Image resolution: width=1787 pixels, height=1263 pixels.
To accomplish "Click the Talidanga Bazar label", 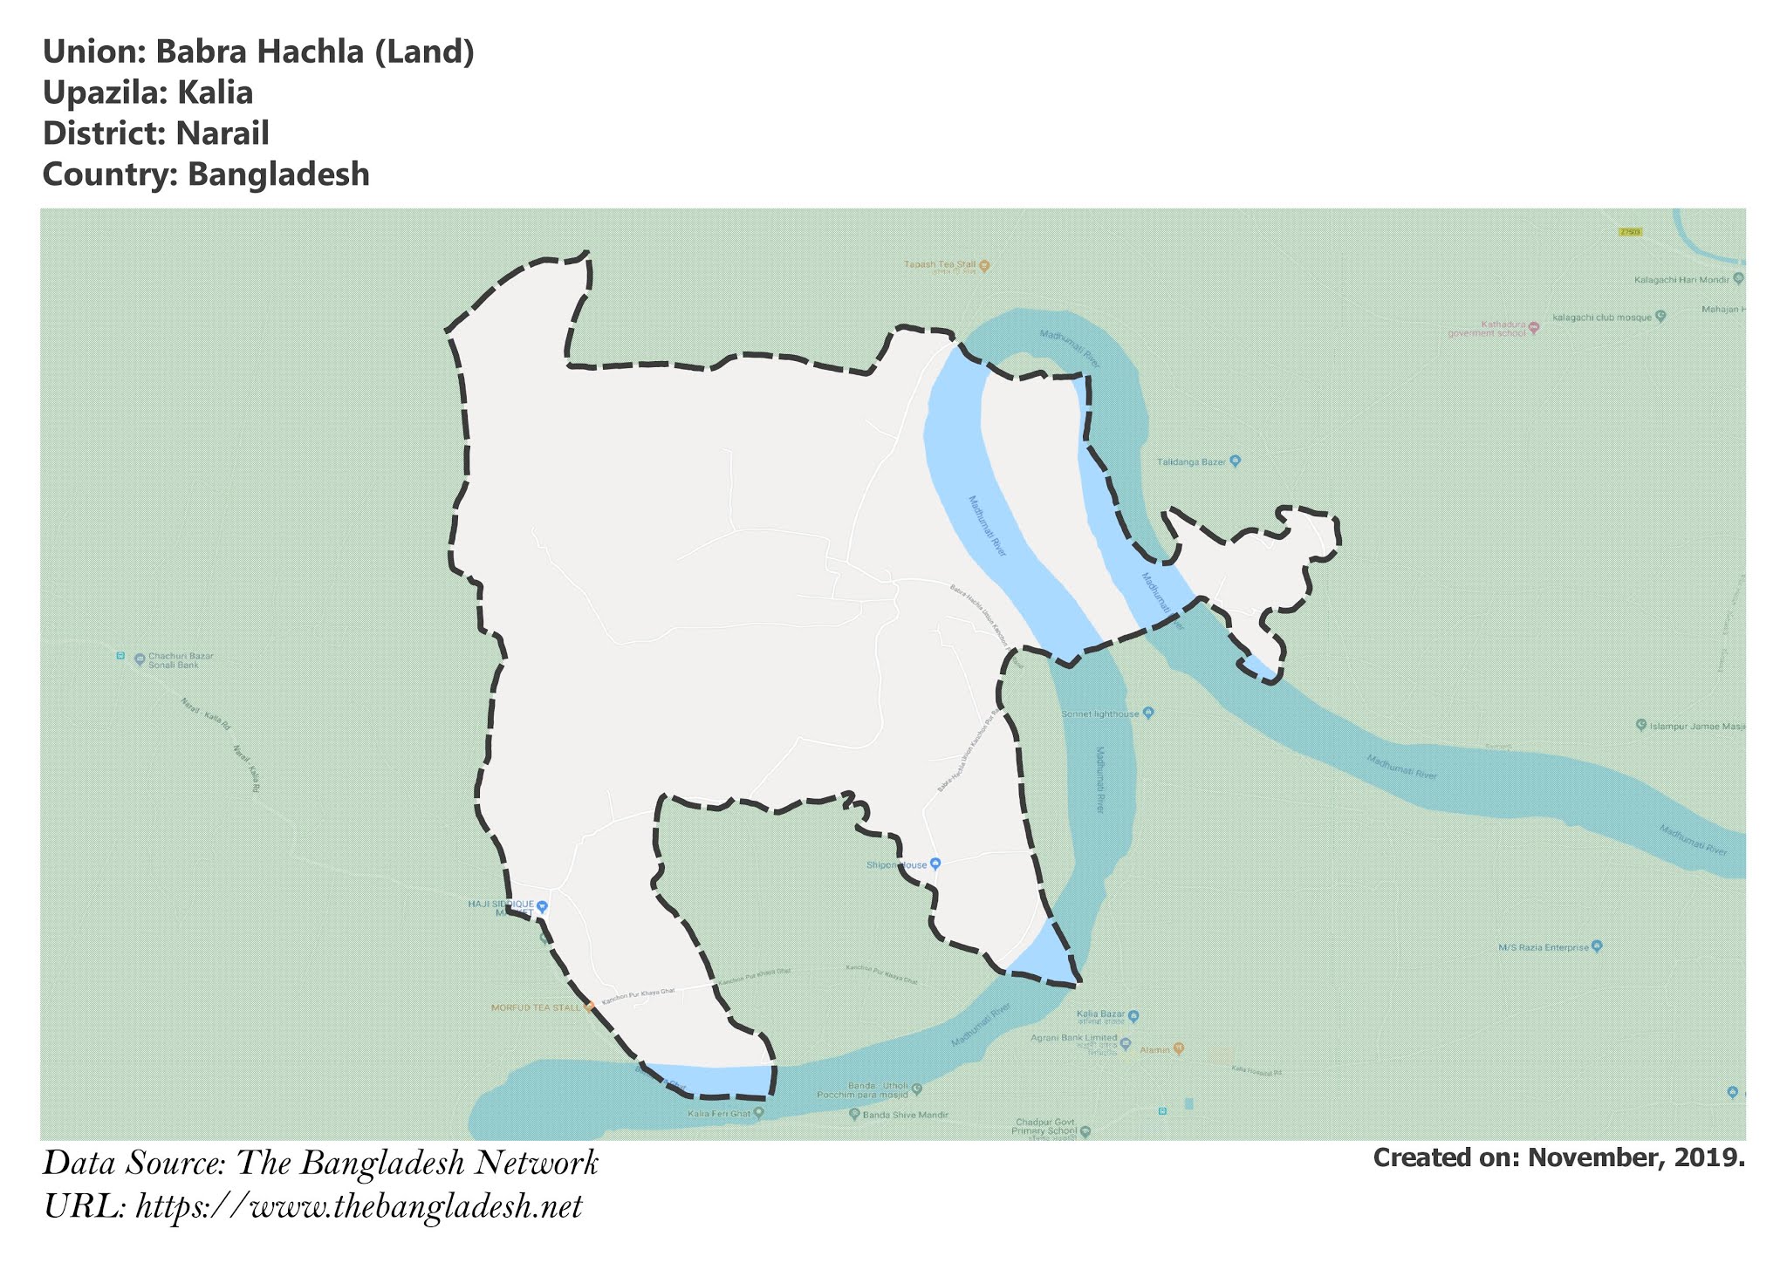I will click(1191, 461).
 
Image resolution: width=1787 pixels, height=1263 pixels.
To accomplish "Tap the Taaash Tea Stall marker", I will click(984, 265).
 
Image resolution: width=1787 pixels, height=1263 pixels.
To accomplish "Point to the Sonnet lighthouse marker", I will click(1148, 713).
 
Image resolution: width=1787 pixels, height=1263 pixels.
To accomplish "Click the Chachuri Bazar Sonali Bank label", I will click(180, 660).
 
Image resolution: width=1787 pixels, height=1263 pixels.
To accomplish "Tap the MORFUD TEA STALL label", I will click(536, 1007).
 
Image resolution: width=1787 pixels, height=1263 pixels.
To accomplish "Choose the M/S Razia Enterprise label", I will click(1544, 947).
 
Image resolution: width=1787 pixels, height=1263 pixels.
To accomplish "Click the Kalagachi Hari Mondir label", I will click(1681, 280).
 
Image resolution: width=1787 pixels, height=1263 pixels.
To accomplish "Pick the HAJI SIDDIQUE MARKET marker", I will click(542, 905).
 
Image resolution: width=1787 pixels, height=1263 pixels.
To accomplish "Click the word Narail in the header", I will click(222, 133).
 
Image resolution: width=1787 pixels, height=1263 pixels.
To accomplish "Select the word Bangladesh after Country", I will click(278, 174).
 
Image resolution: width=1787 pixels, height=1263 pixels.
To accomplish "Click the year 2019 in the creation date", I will click(1712, 1158).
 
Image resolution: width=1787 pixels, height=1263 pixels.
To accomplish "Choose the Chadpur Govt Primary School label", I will click(1046, 1127).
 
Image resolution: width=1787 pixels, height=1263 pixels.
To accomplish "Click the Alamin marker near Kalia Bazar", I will click(1178, 1048).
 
